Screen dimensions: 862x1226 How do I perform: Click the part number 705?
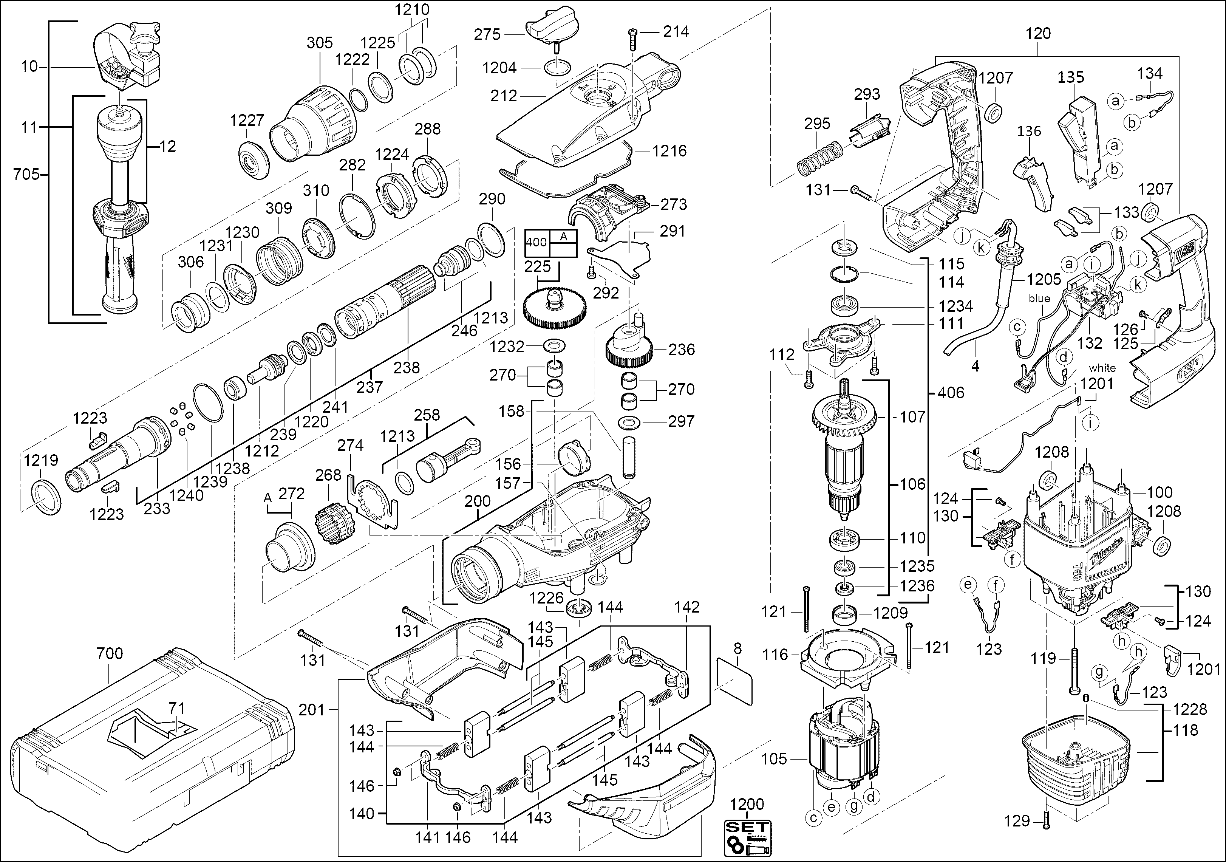coord(27,174)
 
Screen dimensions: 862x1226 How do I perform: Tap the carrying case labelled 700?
coord(150,748)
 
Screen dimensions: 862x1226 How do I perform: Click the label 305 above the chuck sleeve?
coord(319,43)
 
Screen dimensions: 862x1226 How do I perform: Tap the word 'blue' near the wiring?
coord(1039,299)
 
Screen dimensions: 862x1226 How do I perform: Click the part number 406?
coord(951,393)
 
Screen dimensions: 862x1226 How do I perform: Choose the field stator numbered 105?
coord(844,753)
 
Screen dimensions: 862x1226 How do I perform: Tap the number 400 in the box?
coord(536,242)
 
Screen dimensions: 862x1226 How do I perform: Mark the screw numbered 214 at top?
coord(633,35)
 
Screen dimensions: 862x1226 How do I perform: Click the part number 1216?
coord(669,151)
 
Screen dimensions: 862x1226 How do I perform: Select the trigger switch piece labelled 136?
coord(1033,184)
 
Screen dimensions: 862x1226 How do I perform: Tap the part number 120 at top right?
coord(1038,34)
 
